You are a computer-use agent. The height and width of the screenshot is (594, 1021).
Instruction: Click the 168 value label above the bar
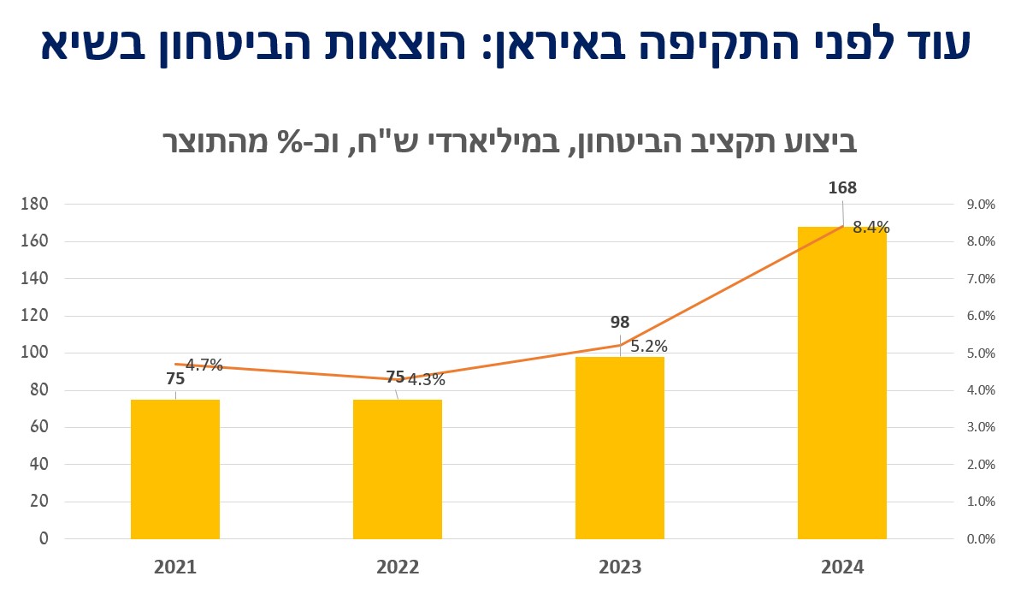pos(842,188)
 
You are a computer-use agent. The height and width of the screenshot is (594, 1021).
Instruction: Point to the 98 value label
pos(620,323)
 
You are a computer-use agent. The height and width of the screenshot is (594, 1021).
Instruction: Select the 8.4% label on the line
pos(871,228)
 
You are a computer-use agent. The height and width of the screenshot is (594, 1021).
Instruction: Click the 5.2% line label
pos(649,347)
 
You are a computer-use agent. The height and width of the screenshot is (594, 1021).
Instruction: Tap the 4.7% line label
pos(204,365)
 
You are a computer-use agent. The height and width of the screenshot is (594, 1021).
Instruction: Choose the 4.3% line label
pos(426,380)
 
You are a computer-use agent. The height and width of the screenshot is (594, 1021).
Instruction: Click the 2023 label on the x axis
pos(620,567)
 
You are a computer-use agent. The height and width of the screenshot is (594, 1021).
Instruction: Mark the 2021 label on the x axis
pos(175,567)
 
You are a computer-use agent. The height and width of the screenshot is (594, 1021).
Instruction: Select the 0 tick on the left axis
pos(43,539)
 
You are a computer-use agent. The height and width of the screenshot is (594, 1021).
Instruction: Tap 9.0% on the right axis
pos(981,205)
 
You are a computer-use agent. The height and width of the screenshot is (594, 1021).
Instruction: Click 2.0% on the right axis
pos(981,465)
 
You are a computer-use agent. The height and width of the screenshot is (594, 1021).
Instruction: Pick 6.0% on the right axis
pos(981,316)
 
